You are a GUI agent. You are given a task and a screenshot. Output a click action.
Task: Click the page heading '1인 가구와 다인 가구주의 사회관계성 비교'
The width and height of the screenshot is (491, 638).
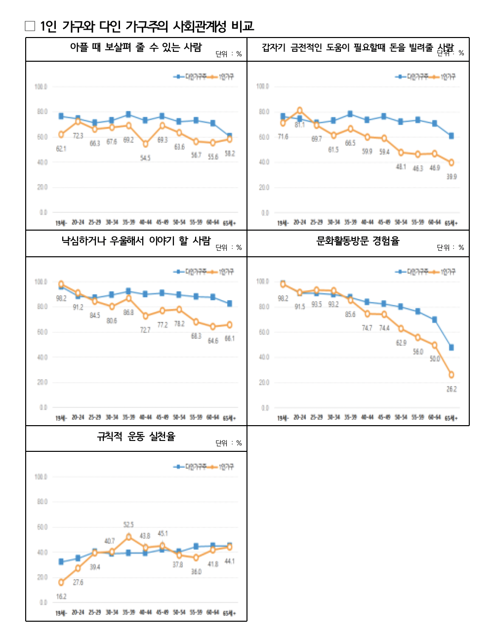(147, 26)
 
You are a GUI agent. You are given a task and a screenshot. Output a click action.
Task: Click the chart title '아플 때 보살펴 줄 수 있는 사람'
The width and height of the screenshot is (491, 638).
(136, 47)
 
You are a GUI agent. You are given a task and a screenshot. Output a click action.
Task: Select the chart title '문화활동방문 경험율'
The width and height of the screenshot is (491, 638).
(358, 241)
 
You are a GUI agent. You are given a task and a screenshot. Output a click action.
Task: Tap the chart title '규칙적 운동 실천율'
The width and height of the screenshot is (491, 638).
(136, 437)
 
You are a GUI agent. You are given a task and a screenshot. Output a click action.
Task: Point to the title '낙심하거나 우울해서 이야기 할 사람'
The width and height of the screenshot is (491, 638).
(136, 241)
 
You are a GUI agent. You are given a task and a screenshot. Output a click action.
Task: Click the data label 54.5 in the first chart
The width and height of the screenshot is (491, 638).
(145, 158)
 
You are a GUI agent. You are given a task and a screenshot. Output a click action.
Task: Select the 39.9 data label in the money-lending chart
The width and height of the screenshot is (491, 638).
(451, 176)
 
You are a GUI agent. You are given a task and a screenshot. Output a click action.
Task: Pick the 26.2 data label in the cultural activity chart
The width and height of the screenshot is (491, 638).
(451, 389)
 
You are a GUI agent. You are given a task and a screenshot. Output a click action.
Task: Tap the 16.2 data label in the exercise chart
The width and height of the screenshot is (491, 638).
(61, 597)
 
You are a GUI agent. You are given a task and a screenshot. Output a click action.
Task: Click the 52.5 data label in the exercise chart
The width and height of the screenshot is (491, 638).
(128, 525)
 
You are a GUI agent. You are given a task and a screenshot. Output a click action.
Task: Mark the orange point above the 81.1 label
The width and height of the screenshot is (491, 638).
(300, 111)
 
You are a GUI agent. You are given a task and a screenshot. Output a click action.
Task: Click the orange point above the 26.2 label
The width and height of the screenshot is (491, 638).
(451, 375)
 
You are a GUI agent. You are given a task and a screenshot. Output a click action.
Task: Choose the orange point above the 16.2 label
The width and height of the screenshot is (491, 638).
(61, 583)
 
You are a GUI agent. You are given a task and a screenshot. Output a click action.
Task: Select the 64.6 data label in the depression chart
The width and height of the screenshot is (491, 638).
(213, 341)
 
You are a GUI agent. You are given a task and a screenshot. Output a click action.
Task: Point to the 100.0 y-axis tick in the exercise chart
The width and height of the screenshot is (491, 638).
(41, 477)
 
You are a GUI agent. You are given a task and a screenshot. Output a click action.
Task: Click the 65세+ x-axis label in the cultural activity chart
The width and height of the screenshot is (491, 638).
(451, 418)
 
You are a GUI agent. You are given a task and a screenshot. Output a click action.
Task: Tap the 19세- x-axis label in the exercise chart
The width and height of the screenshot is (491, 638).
(61, 613)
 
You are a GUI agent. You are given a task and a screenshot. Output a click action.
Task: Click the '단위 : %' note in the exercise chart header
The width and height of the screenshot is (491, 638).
(229, 443)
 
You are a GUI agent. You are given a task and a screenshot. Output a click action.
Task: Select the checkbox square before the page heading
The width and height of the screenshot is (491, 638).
(30, 26)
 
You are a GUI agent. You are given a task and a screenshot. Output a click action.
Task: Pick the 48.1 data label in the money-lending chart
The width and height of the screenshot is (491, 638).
(401, 167)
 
